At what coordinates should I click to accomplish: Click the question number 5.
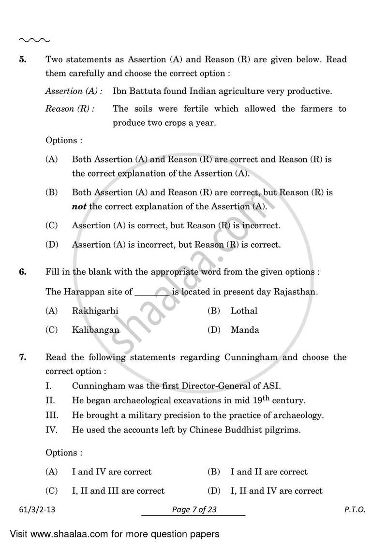point(22,60)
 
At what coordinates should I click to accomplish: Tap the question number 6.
point(22,272)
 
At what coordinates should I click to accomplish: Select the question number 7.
point(22,358)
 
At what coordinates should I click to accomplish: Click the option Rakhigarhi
point(95,311)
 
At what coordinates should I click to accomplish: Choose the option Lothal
point(244,311)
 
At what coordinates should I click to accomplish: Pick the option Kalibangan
point(95,330)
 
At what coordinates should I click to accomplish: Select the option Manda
point(245,330)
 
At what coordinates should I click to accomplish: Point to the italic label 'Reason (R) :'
point(70,109)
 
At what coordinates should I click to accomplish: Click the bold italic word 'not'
point(79,207)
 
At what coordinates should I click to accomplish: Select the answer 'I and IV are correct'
point(112,472)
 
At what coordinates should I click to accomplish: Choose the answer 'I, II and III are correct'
point(118,491)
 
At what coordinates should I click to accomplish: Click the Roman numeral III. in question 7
point(52,415)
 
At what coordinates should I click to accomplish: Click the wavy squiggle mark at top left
point(34,40)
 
